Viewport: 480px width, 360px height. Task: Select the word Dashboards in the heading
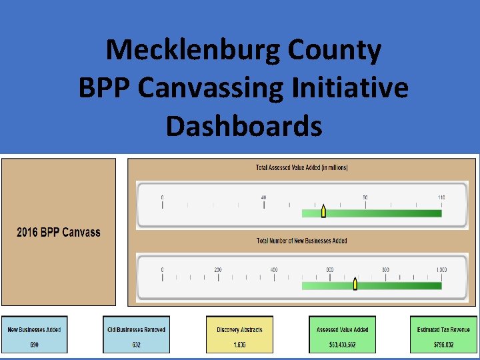243,125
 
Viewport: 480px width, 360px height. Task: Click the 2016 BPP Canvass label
59,233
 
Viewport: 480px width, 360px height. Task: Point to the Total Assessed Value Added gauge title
302,167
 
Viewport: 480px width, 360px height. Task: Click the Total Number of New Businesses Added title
302,241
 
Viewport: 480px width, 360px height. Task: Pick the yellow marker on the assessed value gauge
323,211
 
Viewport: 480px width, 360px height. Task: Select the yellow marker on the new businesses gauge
355,284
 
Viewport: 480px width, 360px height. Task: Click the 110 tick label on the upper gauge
441,197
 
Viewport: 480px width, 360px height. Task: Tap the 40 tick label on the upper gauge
264,197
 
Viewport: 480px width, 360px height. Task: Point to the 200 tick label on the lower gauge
218,270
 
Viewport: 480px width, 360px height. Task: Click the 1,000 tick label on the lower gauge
441,270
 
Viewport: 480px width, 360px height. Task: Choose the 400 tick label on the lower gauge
274,270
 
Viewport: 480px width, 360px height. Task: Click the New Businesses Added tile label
34,330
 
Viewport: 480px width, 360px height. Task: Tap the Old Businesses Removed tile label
136,330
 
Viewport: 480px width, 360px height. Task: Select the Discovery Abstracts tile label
239,330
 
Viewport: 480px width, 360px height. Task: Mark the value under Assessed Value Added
342,345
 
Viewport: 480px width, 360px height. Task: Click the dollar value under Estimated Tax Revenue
444,345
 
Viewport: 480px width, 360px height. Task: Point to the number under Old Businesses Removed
136,345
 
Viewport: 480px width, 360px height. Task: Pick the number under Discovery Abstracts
239,345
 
